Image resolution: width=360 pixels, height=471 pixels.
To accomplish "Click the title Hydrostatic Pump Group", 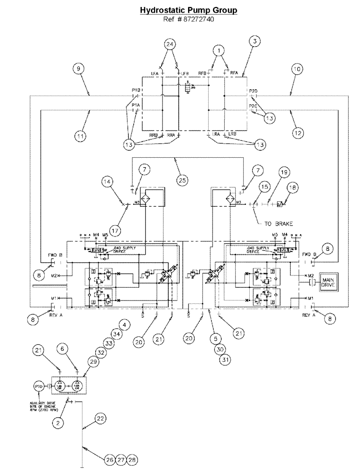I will (x=188, y=10).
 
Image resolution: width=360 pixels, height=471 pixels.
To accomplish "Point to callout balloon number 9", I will (x=80, y=69).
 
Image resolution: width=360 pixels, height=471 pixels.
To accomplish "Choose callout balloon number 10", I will (x=296, y=69).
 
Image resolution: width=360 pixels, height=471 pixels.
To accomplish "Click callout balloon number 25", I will (x=183, y=179).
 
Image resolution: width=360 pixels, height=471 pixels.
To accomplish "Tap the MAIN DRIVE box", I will (x=333, y=282).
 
